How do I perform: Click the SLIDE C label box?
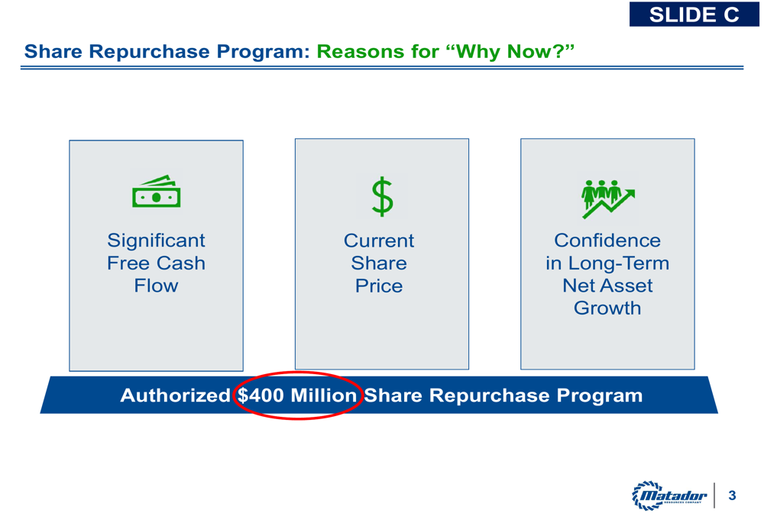click(694, 14)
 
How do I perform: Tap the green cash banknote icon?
click(157, 191)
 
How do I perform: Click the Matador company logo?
click(669, 496)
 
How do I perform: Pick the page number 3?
click(732, 496)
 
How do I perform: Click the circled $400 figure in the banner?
click(261, 395)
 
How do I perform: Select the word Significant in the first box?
click(157, 241)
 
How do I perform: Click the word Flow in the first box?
click(157, 286)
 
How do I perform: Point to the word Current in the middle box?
click(379, 241)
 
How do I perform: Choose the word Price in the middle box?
click(379, 286)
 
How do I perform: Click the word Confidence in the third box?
click(607, 241)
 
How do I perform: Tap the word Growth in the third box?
click(607, 308)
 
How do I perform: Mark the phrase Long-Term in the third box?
click(619, 263)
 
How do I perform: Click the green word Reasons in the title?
click(354, 52)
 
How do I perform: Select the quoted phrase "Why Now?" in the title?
click(510, 51)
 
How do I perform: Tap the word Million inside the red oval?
click(323, 395)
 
